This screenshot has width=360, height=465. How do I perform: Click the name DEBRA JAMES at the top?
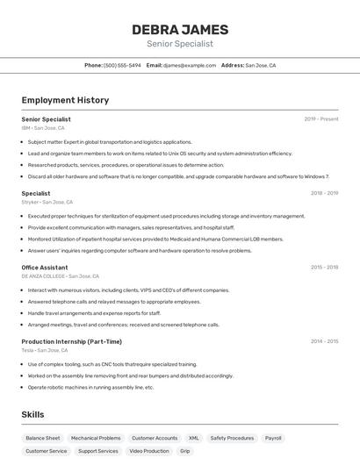tap(180, 30)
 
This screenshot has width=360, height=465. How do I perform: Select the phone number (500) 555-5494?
tap(122, 65)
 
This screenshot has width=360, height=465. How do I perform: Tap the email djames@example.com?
tap(190, 65)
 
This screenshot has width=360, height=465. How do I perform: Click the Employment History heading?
tap(65, 100)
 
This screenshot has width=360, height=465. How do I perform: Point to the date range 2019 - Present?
tap(321, 118)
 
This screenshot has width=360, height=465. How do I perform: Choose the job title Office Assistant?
tap(45, 267)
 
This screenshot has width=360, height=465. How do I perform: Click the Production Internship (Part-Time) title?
tap(72, 341)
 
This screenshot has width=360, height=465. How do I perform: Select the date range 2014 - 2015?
tap(324, 341)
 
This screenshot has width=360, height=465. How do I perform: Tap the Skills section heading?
tap(32, 414)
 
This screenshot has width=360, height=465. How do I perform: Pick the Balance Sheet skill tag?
tap(43, 438)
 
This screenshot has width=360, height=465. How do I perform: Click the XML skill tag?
tap(193, 438)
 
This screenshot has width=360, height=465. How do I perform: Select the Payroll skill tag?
tap(273, 438)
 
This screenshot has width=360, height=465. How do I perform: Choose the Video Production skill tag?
tap(149, 451)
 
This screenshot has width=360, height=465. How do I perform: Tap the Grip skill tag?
tap(184, 451)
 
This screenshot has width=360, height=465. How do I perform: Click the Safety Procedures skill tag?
tap(232, 438)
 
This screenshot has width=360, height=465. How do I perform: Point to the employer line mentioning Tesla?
tap(45, 350)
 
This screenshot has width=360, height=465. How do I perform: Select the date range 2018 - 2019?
tap(324, 193)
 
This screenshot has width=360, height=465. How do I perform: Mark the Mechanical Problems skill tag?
tap(96, 438)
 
